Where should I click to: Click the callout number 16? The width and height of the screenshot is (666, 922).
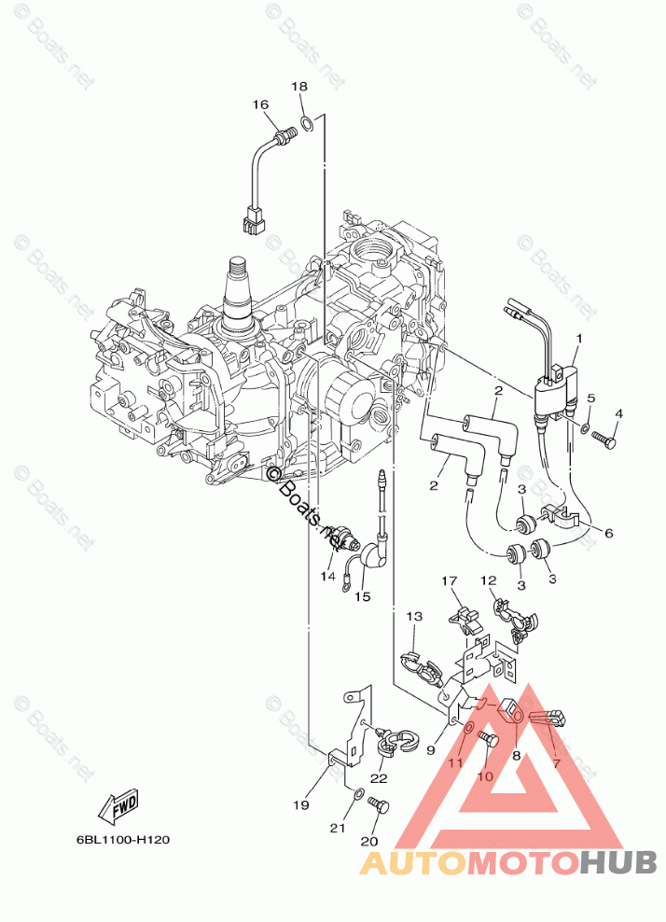pos(259,105)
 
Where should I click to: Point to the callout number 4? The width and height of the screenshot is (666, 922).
pos(617,413)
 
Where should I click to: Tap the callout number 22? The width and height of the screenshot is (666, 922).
pos(379,778)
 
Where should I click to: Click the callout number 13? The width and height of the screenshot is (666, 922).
pos(414,616)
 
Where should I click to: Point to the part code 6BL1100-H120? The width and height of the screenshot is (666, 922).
pos(123,839)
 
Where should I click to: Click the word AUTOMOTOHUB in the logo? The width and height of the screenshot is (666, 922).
pos(507,863)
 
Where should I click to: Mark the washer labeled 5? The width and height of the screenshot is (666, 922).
pos(584,430)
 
